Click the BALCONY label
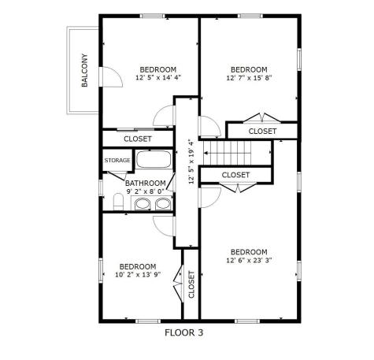(x=84, y=70)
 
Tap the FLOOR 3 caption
(x=183, y=332)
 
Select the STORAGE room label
(x=117, y=160)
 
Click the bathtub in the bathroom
(x=154, y=159)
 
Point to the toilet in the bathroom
(x=118, y=202)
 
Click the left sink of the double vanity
(x=142, y=204)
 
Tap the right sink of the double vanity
(x=163, y=204)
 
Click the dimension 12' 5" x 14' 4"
(x=158, y=78)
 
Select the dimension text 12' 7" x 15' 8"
(x=249, y=78)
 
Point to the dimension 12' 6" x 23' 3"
(x=249, y=260)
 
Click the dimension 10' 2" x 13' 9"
(x=138, y=275)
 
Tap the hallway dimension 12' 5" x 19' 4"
(x=191, y=161)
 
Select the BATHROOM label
(x=146, y=183)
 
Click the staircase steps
(x=228, y=153)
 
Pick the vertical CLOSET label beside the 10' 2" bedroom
(x=191, y=284)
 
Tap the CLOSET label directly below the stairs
(x=235, y=175)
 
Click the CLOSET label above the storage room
(x=138, y=139)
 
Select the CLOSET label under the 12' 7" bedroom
(x=262, y=131)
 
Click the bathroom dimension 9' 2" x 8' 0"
(x=146, y=191)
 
